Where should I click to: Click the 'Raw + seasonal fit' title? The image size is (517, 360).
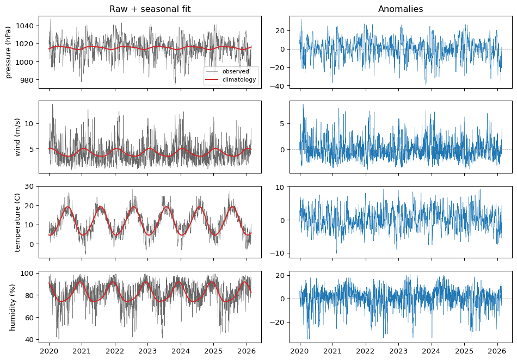click(x=150, y=9)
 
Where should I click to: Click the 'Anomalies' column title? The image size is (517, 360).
click(x=401, y=9)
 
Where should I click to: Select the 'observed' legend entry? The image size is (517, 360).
click(x=236, y=71)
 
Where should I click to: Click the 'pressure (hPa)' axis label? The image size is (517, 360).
click(x=9, y=52)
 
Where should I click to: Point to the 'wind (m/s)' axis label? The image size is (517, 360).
click(x=17, y=137)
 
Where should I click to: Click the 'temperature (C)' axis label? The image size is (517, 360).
click(x=17, y=222)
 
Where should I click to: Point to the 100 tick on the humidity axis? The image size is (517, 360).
click(x=28, y=274)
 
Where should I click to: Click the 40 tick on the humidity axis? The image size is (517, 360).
click(x=30, y=339)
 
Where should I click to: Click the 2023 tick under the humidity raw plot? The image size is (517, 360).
click(x=147, y=351)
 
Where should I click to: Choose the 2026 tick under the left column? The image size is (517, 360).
click(x=246, y=351)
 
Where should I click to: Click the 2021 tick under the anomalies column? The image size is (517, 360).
click(x=333, y=351)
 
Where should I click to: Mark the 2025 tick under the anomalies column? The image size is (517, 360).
click(x=464, y=351)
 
